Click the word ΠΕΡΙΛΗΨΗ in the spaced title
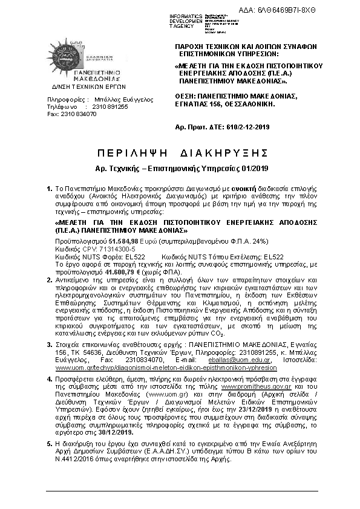tap(127, 151)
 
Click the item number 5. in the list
tap(50, 443)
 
